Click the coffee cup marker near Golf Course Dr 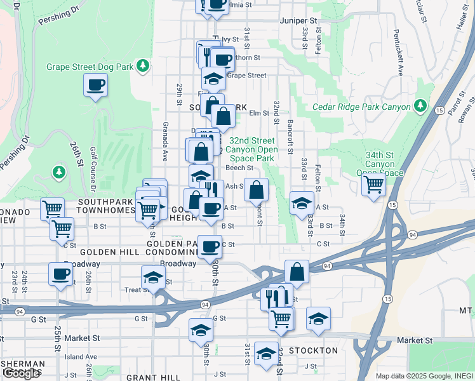coord(95,84)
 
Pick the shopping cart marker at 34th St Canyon coord(373,185)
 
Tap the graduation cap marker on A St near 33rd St coord(302,203)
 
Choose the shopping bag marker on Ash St coord(256,189)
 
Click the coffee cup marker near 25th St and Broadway coord(61,275)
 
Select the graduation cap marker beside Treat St coord(153,277)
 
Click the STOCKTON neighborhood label coord(313,351)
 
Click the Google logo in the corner coord(21,373)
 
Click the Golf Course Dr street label coord(92,172)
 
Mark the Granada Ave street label coord(165,140)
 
